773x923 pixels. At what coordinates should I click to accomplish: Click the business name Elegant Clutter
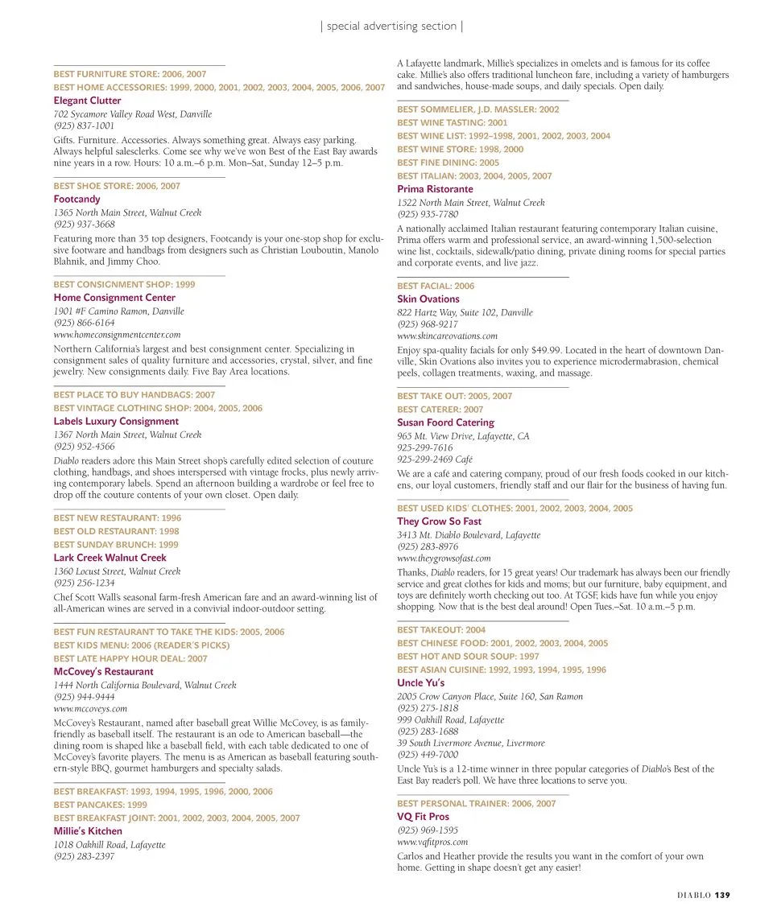click(x=87, y=101)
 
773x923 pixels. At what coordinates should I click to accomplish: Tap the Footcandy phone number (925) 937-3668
click(x=84, y=225)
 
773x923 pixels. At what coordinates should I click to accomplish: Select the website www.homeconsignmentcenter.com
click(x=117, y=334)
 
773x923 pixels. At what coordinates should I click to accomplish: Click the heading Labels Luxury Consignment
click(x=116, y=421)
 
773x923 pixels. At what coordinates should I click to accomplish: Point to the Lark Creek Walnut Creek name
click(x=110, y=558)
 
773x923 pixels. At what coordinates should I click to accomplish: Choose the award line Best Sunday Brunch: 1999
click(x=116, y=545)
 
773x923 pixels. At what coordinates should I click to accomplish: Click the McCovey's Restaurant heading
click(x=103, y=672)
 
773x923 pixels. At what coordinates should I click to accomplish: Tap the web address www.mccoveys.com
click(x=90, y=709)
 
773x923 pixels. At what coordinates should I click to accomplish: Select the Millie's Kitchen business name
click(x=88, y=831)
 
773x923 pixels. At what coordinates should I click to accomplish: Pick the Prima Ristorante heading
click(x=435, y=189)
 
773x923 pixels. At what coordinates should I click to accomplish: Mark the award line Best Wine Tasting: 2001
click(x=453, y=123)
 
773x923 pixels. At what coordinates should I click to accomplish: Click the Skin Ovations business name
click(x=428, y=299)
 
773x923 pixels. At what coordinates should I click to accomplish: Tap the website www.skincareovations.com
click(x=447, y=336)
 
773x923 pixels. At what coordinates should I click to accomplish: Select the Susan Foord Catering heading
click(x=445, y=422)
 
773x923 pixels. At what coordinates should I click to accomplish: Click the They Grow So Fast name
click(x=439, y=521)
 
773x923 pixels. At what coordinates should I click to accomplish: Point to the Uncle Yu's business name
click(x=420, y=683)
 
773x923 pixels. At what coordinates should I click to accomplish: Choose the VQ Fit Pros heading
click(x=423, y=817)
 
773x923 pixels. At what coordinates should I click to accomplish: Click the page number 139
click(x=722, y=895)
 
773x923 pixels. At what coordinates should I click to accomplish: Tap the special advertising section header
click(x=391, y=27)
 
